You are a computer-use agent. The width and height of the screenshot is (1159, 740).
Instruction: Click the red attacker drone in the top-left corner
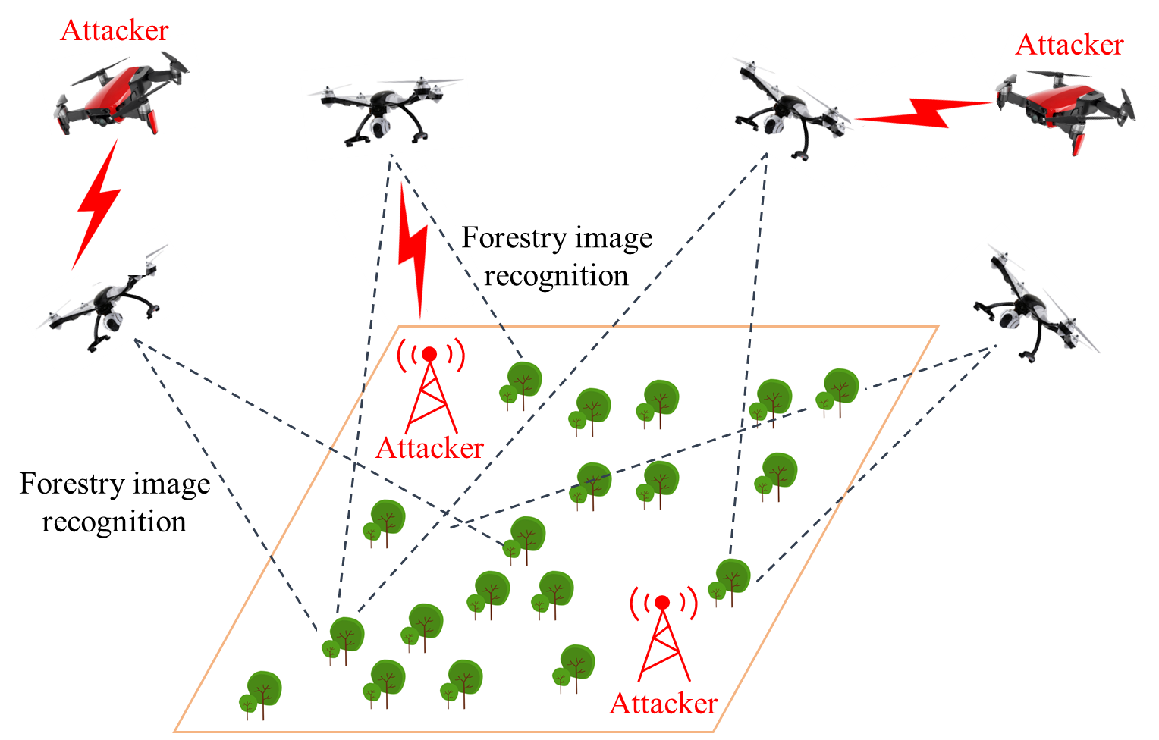(121, 94)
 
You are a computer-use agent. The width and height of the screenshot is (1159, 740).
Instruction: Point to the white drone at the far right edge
(1028, 311)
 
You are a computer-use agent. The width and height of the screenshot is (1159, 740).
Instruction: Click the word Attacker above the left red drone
(114, 30)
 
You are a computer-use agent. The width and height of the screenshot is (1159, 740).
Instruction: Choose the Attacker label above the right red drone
(1069, 45)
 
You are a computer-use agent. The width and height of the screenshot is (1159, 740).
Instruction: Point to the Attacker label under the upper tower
(429, 448)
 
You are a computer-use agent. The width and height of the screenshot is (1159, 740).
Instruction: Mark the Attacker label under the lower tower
(663, 704)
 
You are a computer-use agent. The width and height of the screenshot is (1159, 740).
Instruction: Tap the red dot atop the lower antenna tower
(662, 603)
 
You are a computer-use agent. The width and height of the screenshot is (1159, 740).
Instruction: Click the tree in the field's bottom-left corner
(260, 693)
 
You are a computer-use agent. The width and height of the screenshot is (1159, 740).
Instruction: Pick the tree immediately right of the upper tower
(521, 384)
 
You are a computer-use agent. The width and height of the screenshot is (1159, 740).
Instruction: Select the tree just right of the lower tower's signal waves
(729, 581)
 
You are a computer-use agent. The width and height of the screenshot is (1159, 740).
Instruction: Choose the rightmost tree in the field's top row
(837, 391)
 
